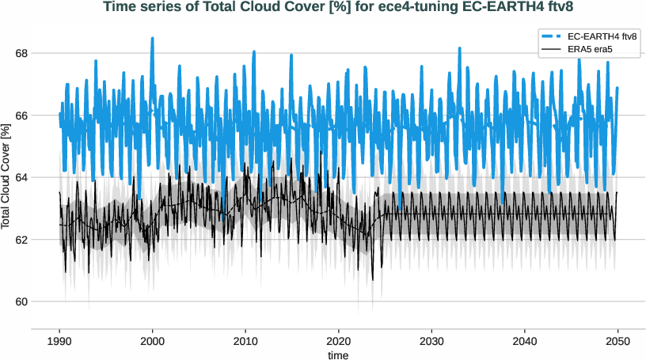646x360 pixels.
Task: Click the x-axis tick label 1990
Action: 59,340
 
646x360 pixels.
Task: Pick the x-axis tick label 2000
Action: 153,340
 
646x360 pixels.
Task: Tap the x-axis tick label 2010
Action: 245,340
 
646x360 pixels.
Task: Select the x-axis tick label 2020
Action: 339,340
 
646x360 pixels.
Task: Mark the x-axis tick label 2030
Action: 431,340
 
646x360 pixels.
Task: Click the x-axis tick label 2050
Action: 617,340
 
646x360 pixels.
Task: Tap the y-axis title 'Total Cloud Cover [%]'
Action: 6,176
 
